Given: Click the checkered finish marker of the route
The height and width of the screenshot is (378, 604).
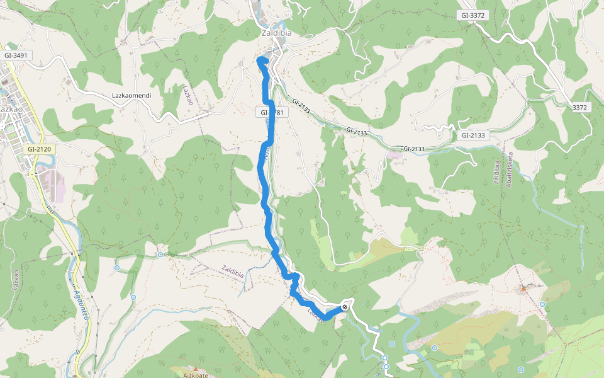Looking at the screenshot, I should click(345, 307).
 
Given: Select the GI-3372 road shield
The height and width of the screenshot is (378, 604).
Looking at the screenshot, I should click(474, 15).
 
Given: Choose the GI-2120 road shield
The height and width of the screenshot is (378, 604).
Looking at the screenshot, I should click(38, 149).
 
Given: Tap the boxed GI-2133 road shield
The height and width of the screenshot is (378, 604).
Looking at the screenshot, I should click(474, 135).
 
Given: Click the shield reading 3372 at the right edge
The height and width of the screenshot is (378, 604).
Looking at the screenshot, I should click(579, 108).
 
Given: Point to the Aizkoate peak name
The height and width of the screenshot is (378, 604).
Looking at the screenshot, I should click(196, 375).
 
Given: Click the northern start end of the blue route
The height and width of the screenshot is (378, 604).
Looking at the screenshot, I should click(260, 60).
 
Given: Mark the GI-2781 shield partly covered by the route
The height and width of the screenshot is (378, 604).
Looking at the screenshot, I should click(272, 112).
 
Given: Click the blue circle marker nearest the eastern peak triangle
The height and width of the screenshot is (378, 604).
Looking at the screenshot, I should click(542, 304).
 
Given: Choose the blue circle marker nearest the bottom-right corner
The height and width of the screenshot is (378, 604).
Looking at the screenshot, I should click(521, 369).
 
